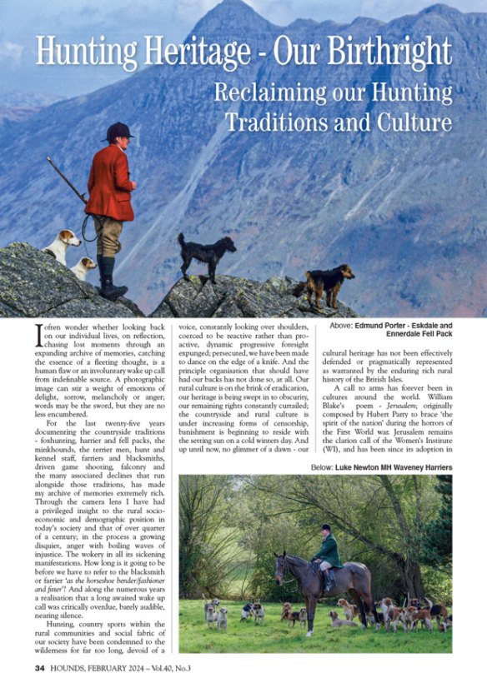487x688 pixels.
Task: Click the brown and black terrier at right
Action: click(326, 284)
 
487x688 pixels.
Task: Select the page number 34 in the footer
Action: click(40, 668)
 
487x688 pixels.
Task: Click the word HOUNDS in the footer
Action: click(76, 668)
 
